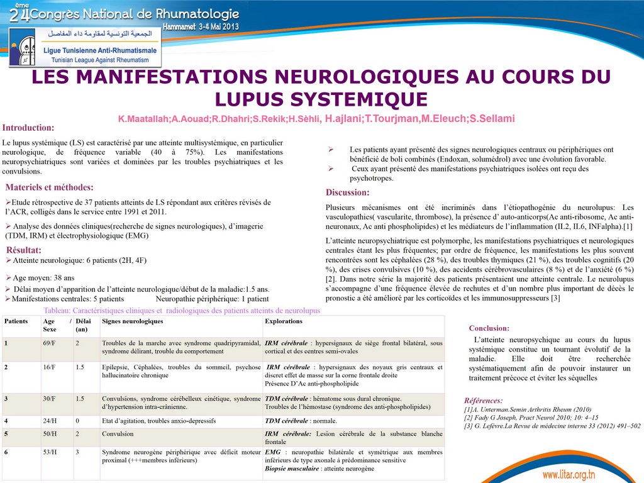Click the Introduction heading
click(28, 128)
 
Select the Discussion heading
click(347, 192)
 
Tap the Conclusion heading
click(489, 328)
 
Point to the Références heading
click(483, 401)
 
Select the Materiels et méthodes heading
click(49, 187)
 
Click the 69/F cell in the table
click(49, 343)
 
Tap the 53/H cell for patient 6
click(49, 452)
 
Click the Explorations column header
click(284, 321)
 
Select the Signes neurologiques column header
click(132, 321)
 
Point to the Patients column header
click(16, 321)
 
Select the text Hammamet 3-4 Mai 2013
click(201, 28)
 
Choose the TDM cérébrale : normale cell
click(301, 421)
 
